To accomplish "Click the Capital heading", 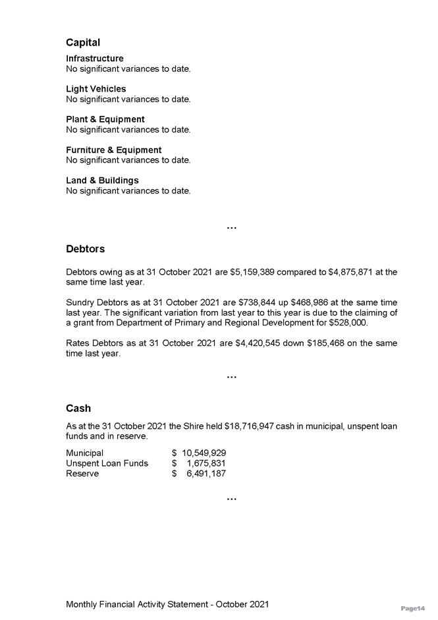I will click(x=83, y=42).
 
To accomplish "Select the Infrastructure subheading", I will click(x=94, y=59).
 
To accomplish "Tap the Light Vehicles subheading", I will click(x=96, y=89).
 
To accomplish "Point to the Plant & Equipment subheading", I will click(x=105, y=119).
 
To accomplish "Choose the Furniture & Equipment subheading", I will click(x=113, y=150).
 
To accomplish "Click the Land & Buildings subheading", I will click(x=102, y=180).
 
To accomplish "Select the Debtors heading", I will click(x=85, y=249).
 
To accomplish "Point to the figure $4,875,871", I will click(x=350, y=271).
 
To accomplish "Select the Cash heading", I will click(x=78, y=408).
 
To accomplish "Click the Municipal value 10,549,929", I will click(x=204, y=453).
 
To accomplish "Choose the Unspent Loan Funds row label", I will click(x=107, y=463).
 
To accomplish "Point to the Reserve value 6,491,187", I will click(x=206, y=474).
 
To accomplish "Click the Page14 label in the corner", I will click(x=413, y=608).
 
